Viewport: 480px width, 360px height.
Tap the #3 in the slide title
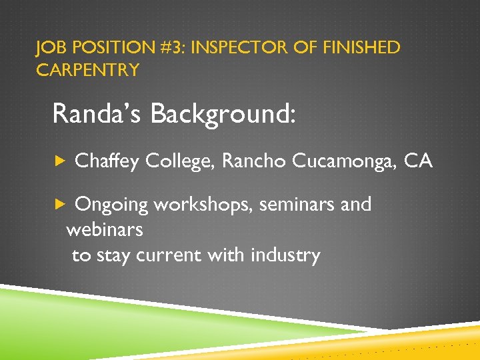(x=169, y=48)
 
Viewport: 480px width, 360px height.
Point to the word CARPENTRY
(x=87, y=70)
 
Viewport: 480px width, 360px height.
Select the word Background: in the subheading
(x=222, y=114)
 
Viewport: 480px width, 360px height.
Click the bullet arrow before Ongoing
(x=59, y=205)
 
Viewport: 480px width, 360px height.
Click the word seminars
(x=297, y=205)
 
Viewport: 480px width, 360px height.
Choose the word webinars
(x=105, y=230)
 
